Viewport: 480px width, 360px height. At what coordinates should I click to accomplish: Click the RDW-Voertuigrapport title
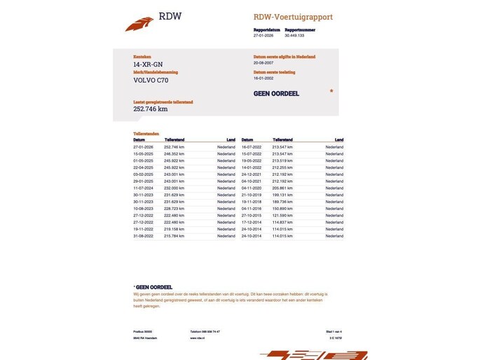pos(293,17)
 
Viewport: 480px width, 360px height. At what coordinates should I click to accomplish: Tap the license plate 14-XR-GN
pos(148,65)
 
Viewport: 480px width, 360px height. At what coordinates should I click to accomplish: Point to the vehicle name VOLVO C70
pos(151,81)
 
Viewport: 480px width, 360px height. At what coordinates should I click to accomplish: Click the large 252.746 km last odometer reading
pos(151,109)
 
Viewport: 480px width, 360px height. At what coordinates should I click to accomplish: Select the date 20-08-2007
pos(263,62)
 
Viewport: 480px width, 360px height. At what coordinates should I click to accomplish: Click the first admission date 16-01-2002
pos(263,78)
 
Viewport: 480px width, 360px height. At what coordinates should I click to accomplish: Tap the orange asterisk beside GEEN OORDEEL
pos(331,92)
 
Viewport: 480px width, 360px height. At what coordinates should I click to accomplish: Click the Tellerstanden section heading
pos(146,133)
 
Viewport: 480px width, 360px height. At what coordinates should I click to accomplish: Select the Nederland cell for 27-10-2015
pos(334,215)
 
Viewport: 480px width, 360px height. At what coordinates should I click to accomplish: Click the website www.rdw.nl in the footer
pos(197,338)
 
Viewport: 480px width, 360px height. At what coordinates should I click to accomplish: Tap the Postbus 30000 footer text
pos(142,331)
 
